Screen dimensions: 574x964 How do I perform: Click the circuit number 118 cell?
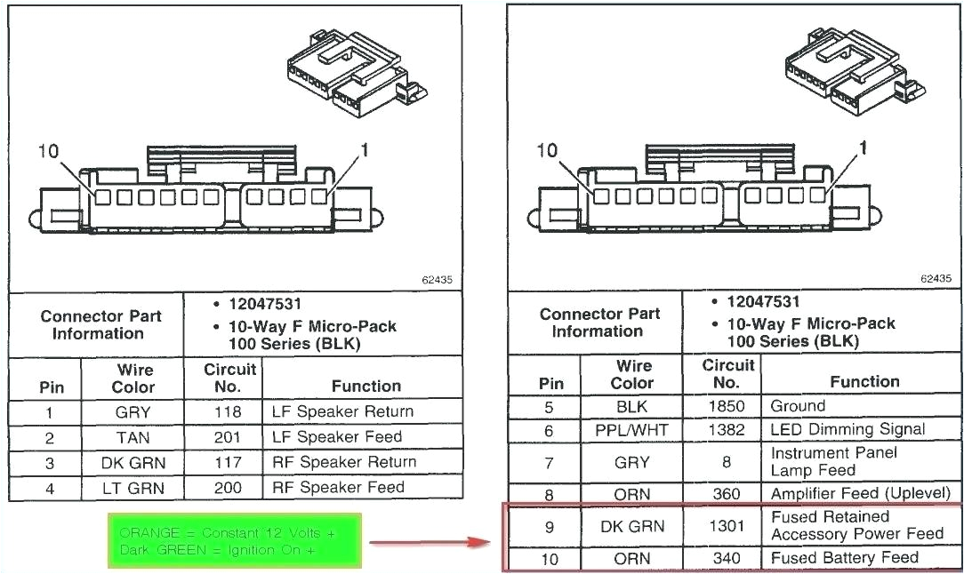227,412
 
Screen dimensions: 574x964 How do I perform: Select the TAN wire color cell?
133,437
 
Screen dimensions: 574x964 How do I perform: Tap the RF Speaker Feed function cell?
338,487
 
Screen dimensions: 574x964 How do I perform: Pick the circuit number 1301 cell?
726,526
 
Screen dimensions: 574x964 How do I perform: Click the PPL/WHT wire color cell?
631,431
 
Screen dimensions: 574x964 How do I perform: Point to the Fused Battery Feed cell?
844,558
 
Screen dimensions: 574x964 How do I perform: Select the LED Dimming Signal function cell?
848,430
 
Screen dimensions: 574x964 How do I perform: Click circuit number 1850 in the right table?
726,407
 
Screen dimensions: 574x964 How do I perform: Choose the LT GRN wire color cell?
133,488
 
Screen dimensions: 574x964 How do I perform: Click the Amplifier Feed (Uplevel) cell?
860,493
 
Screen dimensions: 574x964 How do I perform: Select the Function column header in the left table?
366,386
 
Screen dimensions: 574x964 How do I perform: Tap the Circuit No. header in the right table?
727,373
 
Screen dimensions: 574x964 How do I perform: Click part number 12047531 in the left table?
264,305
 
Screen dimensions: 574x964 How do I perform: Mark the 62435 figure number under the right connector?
936,278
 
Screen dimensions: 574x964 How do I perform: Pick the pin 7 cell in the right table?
549,462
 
